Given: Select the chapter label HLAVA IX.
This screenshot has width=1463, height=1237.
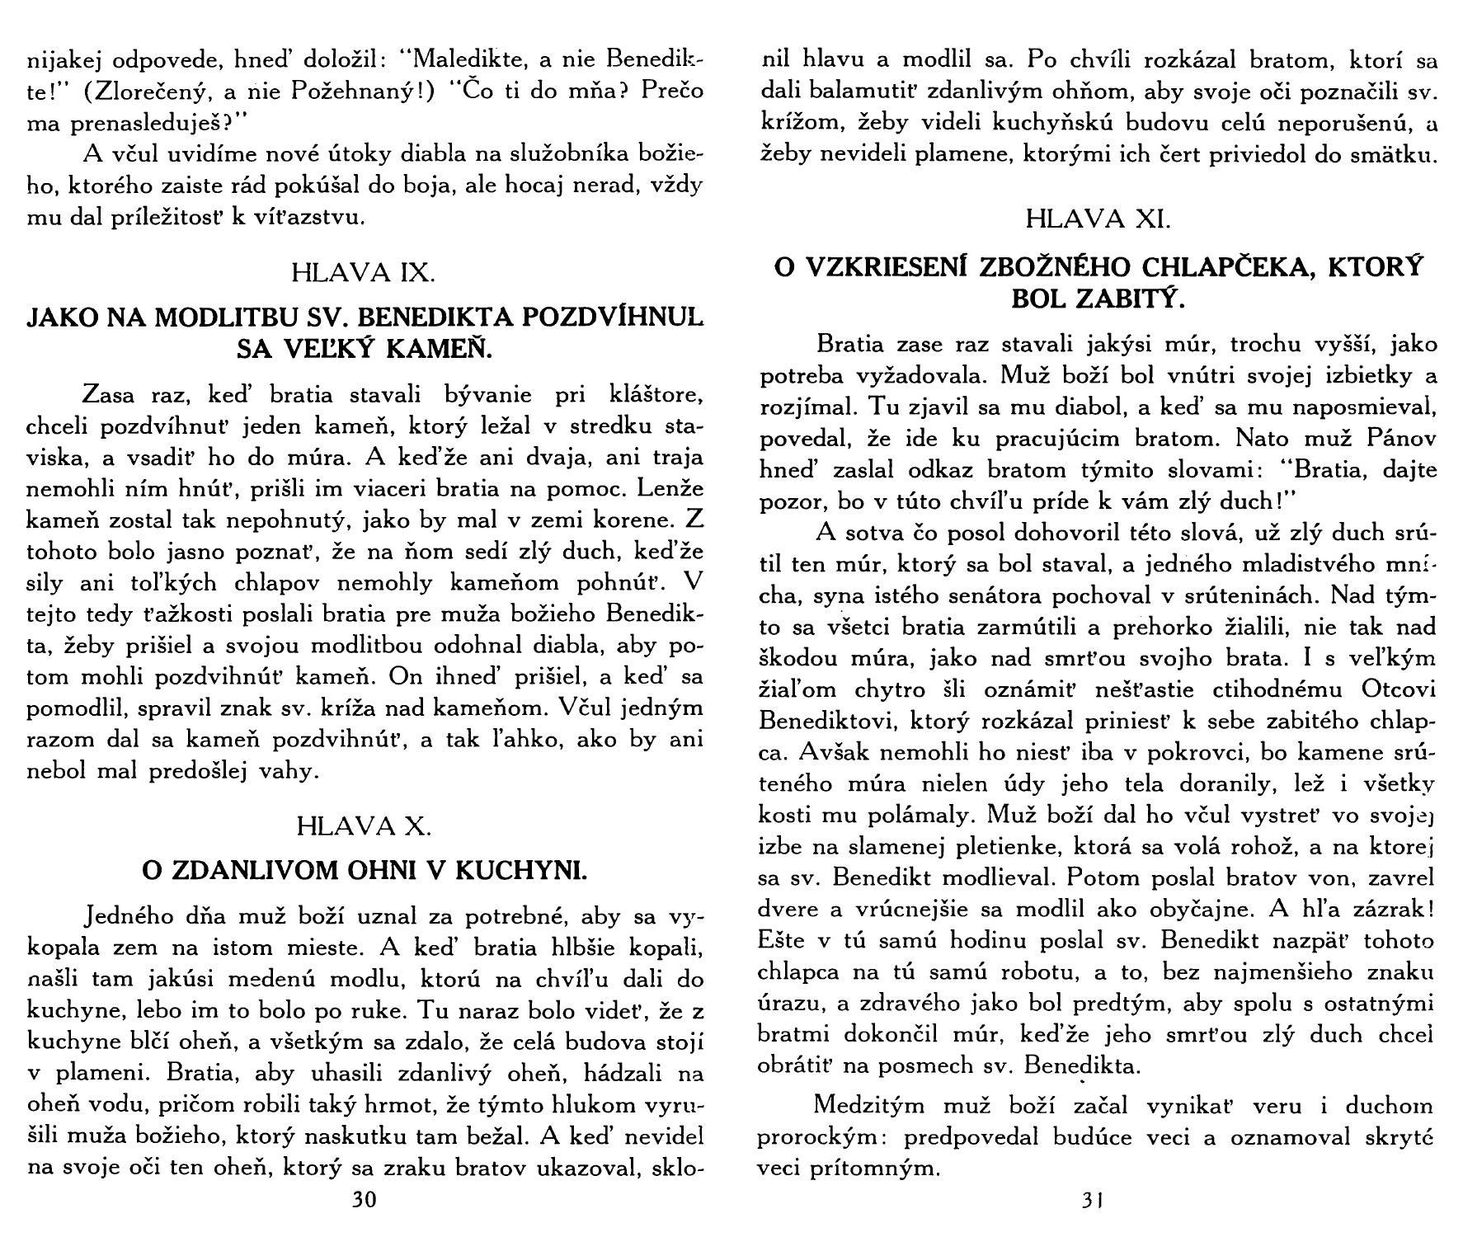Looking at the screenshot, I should click(364, 273).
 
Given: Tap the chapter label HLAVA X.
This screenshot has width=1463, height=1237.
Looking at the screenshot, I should click(364, 825).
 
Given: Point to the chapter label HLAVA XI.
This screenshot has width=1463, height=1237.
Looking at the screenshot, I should click(1098, 219).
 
